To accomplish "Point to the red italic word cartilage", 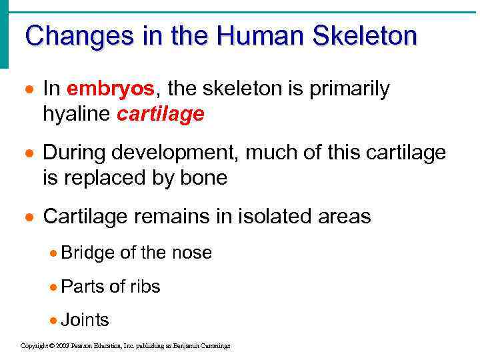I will point(160,115).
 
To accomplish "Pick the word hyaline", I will point(77,115).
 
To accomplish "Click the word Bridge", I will point(88,253).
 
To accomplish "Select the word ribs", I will point(145,287).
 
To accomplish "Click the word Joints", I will point(85,320).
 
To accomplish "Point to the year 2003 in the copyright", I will point(63,346).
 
